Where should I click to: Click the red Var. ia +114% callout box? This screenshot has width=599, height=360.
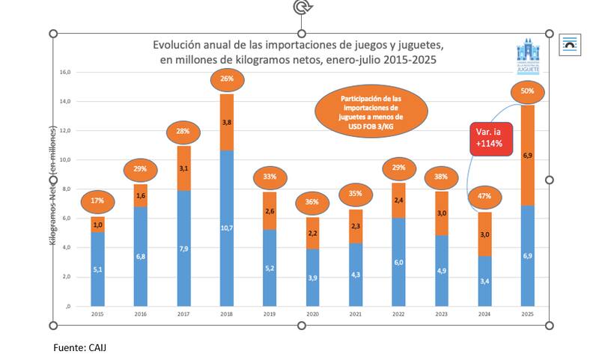click(x=491, y=138)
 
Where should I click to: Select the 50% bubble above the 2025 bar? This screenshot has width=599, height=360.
click(x=527, y=91)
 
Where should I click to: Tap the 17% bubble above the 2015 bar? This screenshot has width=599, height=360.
click(x=97, y=201)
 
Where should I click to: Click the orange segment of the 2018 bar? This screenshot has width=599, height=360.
click(x=227, y=122)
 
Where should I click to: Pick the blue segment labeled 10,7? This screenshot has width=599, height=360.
click(x=227, y=228)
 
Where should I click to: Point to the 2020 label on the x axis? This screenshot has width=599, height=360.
click(x=312, y=314)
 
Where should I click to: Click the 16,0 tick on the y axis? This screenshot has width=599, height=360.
click(x=65, y=73)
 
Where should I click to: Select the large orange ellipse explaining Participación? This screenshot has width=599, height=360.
click(x=371, y=112)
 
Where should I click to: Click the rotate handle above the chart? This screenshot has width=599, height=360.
click(x=302, y=7)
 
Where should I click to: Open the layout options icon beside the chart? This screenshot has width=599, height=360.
click(x=570, y=44)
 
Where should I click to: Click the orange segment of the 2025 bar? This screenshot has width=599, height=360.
click(x=527, y=155)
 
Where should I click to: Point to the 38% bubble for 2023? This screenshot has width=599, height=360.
click(x=441, y=178)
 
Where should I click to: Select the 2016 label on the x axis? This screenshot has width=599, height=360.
click(x=141, y=314)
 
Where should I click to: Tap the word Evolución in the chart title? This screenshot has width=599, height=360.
click(x=177, y=45)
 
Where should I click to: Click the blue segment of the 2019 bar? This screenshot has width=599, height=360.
click(x=270, y=267)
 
